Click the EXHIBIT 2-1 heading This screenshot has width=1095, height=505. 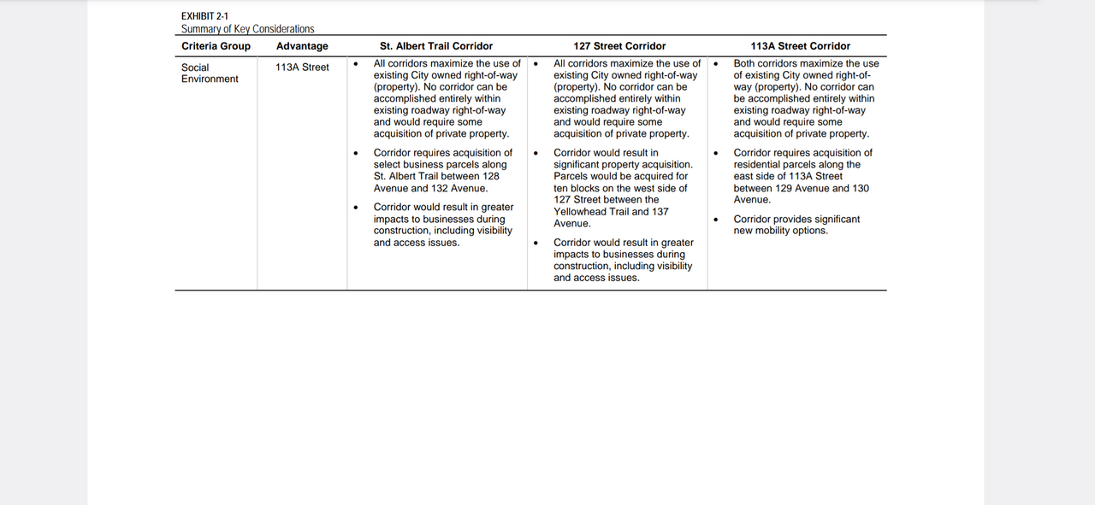coord(204,16)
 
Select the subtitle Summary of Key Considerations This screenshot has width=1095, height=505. coord(247,29)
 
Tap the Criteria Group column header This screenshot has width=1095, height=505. coord(216,46)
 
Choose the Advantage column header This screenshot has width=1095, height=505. coord(302,46)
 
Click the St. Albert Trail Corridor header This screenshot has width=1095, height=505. coord(436,46)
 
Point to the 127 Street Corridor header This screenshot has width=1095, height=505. coord(619,46)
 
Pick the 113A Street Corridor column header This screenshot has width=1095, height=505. coord(801,46)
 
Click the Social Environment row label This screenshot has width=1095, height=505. coord(210,73)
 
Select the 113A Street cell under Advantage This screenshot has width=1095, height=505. coord(302,68)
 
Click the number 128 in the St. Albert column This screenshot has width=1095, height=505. coord(490,177)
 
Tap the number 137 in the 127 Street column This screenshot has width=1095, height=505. coord(661,212)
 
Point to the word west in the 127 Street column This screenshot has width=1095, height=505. coord(643,188)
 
